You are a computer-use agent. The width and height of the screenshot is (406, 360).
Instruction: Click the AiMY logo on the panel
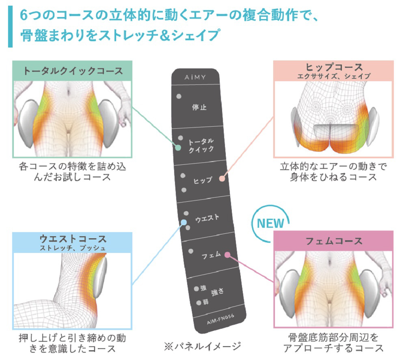(195, 77)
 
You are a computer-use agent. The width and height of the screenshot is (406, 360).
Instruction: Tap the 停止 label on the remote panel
(199, 107)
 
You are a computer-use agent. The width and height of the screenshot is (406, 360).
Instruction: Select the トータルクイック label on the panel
(201, 145)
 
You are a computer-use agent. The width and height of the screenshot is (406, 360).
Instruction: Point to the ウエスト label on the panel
(207, 218)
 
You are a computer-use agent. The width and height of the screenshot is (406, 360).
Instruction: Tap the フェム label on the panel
(211, 255)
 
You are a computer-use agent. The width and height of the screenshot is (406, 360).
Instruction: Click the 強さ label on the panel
(218, 292)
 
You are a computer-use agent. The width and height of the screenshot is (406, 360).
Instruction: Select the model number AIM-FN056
(220, 319)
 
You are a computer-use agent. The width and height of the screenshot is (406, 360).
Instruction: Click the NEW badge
(270, 223)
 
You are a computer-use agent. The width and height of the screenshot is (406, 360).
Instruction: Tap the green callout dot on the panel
(178, 148)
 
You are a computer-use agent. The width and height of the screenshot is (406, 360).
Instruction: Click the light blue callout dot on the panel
(184, 222)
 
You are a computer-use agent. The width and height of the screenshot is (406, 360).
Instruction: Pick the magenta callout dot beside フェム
(227, 255)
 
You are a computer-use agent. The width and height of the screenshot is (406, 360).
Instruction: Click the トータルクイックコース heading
(73, 71)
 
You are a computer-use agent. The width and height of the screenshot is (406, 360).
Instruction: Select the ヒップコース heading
(334, 67)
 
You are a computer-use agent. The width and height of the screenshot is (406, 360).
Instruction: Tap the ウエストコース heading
(73, 239)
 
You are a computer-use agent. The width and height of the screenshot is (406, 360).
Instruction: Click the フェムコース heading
(334, 241)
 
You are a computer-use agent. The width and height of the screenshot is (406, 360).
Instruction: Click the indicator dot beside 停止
(179, 96)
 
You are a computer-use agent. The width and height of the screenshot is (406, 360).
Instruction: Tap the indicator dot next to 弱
(199, 303)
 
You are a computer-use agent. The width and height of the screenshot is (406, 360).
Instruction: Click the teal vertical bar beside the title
(11, 27)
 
